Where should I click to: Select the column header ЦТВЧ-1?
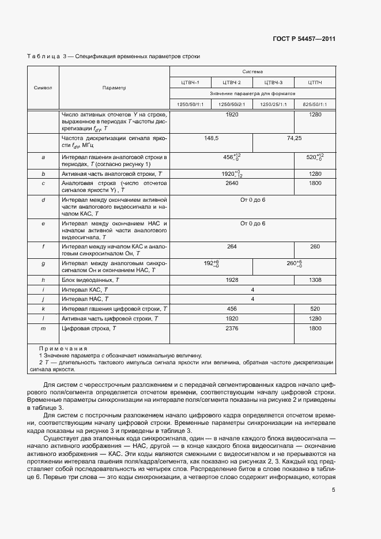coord(190,82)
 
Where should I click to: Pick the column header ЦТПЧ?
coord(315,82)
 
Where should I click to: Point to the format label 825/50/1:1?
coord(315,104)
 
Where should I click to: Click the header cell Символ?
coord(43,88)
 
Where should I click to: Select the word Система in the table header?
coord(252,72)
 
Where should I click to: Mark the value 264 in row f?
coord(232,247)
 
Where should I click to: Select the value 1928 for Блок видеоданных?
coord(232,280)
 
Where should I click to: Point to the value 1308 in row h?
coord(315,280)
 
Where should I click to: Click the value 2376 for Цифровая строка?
coord(232,328)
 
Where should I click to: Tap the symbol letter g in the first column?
coord(43,263)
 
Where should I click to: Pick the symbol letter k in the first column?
coord(43,308)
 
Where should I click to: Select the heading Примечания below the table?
coord(63,349)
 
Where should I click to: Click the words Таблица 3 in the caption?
coord(44,56)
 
